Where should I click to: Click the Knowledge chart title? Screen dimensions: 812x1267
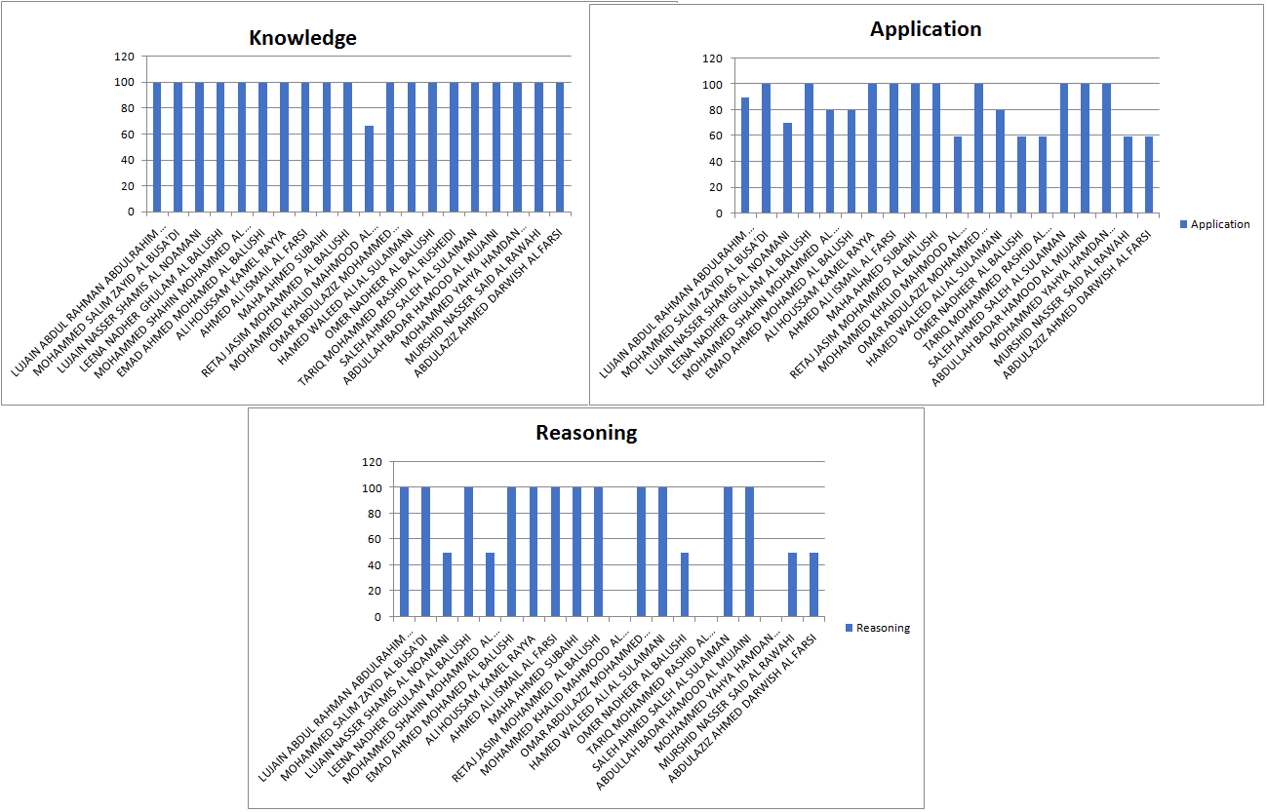302,38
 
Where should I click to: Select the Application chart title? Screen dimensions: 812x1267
926,29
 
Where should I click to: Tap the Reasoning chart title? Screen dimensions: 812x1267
586,433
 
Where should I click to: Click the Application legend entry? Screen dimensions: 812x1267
1219,224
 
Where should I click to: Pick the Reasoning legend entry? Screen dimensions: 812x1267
883,628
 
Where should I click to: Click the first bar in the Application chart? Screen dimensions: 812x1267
745,155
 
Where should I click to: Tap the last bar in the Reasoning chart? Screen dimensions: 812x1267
813,585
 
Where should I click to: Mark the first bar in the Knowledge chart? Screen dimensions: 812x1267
157,147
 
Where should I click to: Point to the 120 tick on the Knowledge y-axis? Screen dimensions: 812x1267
124,57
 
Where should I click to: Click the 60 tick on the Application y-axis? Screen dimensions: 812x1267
715,135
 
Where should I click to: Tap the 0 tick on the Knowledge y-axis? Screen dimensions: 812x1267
131,212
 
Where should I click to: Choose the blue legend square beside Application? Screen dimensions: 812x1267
1183,224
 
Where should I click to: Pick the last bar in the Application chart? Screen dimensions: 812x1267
1149,174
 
